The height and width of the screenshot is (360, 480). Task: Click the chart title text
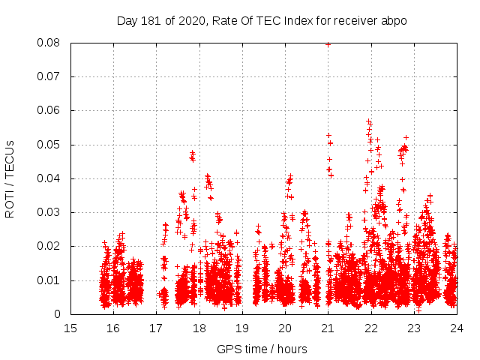pyautogui.click(x=262, y=21)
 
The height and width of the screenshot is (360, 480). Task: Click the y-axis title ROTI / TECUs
pyautogui.click(x=10, y=178)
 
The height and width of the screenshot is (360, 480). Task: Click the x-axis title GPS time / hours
pyautogui.click(x=262, y=349)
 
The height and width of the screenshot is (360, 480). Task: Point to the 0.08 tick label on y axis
pyautogui.click(x=50, y=43)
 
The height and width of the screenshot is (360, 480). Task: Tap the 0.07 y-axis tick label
pyautogui.click(x=50, y=76)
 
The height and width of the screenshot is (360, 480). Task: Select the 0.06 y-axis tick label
pyautogui.click(x=50, y=110)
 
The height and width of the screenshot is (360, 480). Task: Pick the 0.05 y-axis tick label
pyautogui.click(x=50, y=145)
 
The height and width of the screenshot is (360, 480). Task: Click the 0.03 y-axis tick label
pyautogui.click(x=50, y=212)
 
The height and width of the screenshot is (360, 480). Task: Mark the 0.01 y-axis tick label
pyautogui.click(x=50, y=280)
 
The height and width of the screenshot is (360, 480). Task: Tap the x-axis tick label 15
pyautogui.click(x=70, y=328)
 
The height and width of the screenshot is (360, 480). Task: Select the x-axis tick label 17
pyautogui.click(x=156, y=328)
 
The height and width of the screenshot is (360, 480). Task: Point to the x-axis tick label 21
pyautogui.click(x=328, y=328)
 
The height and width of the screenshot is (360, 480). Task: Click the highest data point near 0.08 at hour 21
pyautogui.click(x=328, y=44)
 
